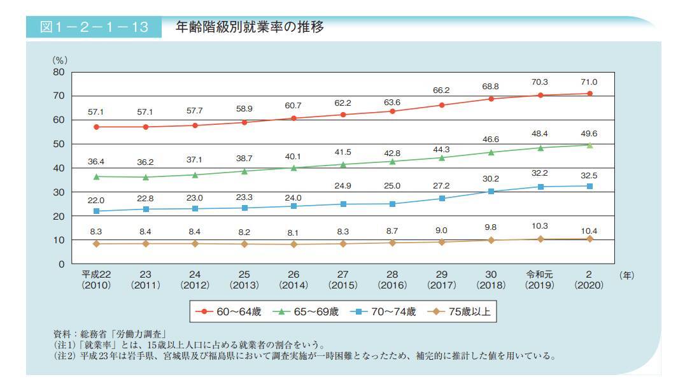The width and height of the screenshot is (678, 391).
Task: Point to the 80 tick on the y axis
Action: (x=58, y=72)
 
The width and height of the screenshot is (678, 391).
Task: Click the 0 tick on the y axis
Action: (x=60, y=264)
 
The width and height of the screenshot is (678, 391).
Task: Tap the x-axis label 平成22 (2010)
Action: (x=96, y=280)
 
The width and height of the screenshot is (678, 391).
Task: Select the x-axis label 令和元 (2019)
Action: (x=540, y=280)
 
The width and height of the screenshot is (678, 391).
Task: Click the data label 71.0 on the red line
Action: (x=589, y=82)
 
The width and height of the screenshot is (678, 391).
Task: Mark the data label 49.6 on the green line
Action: (x=589, y=134)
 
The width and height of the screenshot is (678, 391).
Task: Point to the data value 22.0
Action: (x=96, y=200)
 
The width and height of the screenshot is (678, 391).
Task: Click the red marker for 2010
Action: (x=96, y=127)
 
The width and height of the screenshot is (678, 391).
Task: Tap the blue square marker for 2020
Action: (x=590, y=186)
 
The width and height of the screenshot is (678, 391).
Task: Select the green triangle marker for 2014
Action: (x=293, y=167)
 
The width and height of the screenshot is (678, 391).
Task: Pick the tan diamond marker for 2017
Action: (x=442, y=242)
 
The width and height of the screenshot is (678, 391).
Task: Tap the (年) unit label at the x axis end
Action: (x=626, y=275)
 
